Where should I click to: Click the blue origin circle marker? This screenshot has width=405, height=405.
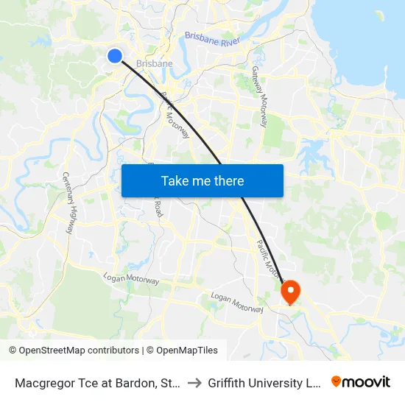pos(114,55)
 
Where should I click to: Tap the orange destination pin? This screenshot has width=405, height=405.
pos(291,291)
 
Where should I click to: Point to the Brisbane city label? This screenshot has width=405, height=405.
pos(154,64)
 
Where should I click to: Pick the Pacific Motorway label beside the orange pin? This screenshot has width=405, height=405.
pos(268,260)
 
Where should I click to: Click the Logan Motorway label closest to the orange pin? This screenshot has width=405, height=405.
pos(236,301)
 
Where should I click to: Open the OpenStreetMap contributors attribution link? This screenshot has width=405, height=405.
pos(79,351)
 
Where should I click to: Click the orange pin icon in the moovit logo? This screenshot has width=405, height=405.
pos(337,381)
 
